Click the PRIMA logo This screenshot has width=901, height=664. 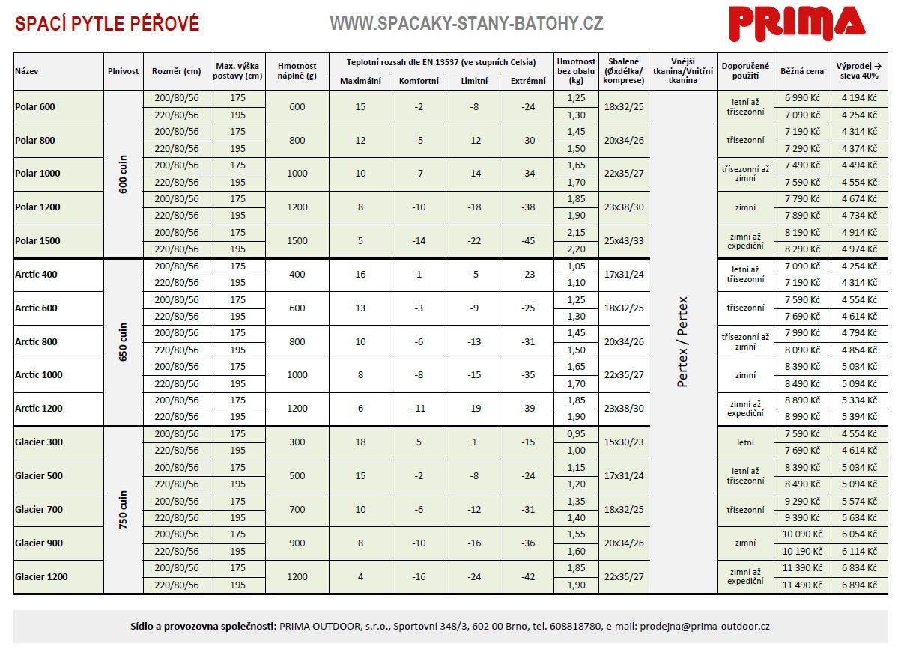click(797, 23)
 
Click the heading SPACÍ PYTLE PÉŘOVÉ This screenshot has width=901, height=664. click(107, 24)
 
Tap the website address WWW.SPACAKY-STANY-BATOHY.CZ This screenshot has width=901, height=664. click(466, 24)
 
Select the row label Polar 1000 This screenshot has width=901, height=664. click(37, 174)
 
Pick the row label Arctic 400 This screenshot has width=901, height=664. click(36, 275)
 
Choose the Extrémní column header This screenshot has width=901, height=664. click(528, 81)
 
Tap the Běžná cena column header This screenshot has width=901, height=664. click(802, 72)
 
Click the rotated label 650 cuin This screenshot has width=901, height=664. click(124, 342)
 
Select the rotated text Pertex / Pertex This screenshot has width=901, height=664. click(682, 342)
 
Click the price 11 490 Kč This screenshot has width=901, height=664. click(802, 585)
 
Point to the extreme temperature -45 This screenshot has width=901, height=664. click(528, 241)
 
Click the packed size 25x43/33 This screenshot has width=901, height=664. click(624, 241)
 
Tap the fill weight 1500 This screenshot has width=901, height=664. click(297, 241)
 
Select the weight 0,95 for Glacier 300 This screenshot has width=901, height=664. click(577, 434)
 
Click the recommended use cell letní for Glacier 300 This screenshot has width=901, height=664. click(745, 442)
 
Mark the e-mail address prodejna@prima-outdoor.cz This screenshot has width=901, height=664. click(705, 626)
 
